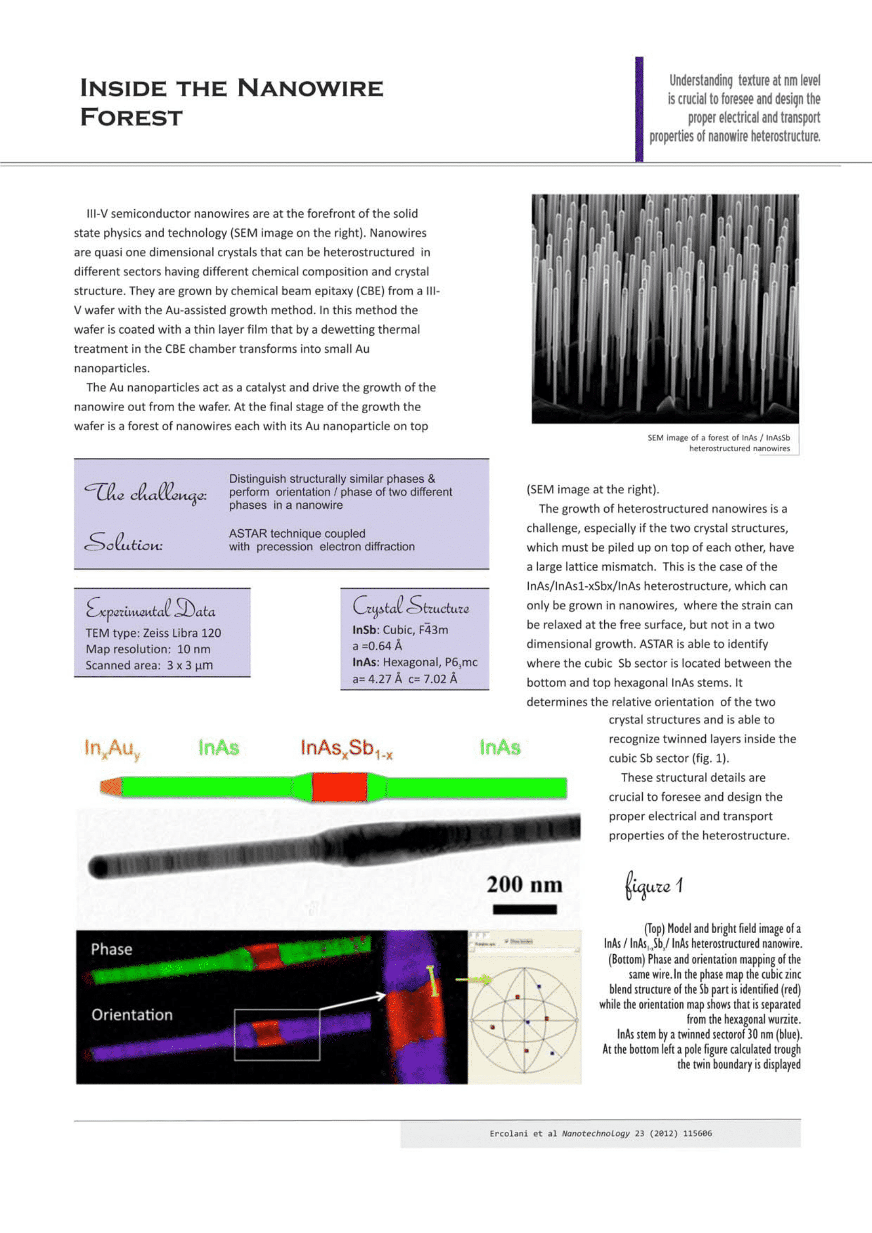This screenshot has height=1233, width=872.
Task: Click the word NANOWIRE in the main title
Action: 310,88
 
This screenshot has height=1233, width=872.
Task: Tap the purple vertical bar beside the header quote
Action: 639,109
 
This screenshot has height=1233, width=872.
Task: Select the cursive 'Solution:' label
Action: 123,542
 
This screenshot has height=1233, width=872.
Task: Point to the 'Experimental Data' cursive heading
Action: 150,609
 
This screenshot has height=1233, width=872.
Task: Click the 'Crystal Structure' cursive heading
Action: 411,607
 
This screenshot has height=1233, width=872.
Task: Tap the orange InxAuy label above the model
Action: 112,748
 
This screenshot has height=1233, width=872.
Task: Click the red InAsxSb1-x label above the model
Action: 346,748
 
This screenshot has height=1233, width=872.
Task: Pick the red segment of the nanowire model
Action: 340,787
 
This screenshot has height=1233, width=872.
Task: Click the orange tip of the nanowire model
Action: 111,787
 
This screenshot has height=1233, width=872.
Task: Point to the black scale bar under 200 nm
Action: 525,909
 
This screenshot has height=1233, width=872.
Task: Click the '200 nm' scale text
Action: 525,885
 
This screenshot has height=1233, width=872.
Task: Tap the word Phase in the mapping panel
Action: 112,949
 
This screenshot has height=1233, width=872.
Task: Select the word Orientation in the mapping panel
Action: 132,1014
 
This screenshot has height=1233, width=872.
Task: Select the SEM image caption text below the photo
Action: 720,443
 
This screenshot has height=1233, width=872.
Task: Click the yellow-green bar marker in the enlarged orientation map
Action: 432,980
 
